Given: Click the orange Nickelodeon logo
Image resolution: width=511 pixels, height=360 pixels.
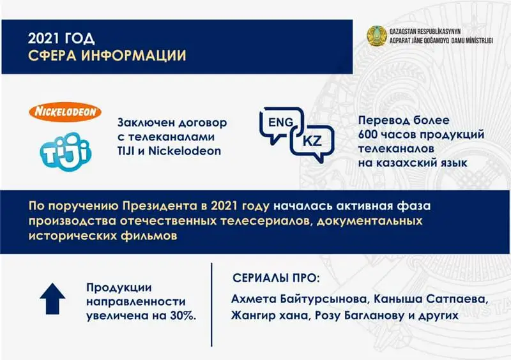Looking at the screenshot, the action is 65,112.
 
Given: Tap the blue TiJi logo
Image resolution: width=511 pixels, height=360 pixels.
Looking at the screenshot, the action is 66,151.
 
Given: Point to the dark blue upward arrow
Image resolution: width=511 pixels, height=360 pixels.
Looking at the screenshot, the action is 52,299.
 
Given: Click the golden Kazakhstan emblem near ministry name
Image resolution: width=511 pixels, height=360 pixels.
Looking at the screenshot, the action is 376,36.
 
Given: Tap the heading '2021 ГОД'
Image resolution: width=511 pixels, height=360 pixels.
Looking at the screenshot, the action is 61,38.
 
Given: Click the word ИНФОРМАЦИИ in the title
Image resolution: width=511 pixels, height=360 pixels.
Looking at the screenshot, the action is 133,56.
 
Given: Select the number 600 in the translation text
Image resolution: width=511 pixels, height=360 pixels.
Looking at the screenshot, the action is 366,135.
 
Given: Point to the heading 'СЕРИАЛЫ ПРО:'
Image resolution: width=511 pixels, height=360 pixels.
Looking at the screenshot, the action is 276,278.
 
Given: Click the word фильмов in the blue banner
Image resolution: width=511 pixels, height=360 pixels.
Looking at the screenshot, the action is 149,236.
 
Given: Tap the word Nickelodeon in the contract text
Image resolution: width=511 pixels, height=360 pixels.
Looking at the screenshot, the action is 185,151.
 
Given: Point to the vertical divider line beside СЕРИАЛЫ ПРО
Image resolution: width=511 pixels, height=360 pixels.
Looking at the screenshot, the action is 211,305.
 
